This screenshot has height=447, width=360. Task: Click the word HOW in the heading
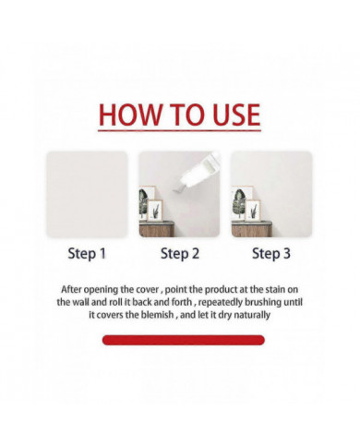click(x=130, y=115)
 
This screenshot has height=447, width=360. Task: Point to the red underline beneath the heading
click(x=179, y=131)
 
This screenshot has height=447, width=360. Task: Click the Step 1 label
click(x=87, y=254)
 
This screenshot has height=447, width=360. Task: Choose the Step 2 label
click(x=180, y=254)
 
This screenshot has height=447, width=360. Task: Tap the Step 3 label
click(x=271, y=254)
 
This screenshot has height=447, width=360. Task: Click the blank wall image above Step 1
click(x=87, y=194)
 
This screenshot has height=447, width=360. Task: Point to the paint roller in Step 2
click(x=198, y=171)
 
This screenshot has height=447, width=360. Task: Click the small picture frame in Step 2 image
click(x=155, y=210)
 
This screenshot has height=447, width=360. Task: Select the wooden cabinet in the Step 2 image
click(x=157, y=229)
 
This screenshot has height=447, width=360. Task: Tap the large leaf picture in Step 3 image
click(x=241, y=202)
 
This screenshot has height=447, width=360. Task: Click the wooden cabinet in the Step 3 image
click(x=252, y=229)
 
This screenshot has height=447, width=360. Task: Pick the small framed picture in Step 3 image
click(x=253, y=210)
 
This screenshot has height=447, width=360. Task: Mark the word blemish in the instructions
click(x=156, y=315)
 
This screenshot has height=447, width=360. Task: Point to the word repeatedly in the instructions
click(x=221, y=303)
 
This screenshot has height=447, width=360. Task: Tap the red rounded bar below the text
click(x=184, y=340)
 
